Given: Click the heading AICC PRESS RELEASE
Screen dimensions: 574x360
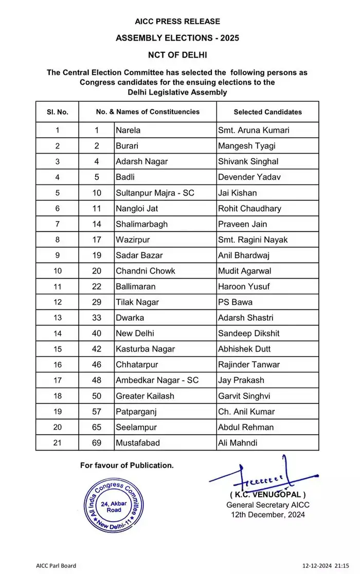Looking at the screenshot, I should (177, 22).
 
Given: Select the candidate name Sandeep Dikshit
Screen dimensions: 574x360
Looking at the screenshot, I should (249, 334).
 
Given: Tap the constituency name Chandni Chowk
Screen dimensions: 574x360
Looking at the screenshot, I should (146, 271).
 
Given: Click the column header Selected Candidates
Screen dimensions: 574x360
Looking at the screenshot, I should (267, 112).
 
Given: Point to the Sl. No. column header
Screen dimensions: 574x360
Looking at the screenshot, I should (57, 112).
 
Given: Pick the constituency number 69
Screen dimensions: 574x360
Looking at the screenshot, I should (96, 442).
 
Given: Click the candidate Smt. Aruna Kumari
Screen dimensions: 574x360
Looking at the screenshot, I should (254, 130).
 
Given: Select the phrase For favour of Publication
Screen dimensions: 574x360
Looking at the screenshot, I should (127, 466).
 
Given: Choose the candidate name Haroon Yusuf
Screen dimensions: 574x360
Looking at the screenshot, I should (244, 286).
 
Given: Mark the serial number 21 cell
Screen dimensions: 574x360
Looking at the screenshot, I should (57, 442).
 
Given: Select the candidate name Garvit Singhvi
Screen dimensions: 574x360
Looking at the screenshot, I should (248, 396).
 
